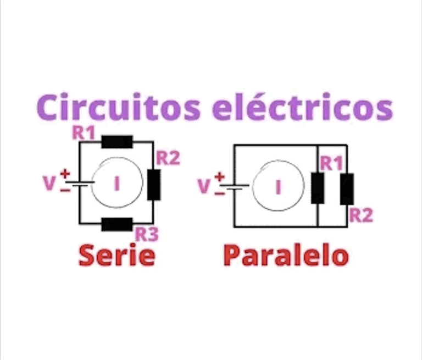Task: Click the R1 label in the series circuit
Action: (x=84, y=132)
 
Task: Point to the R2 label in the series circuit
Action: (x=168, y=158)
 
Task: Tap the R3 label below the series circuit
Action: (x=147, y=235)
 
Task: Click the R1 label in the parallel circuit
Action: (x=331, y=163)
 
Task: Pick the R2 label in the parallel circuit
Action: (x=361, y=215)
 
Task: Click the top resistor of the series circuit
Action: (x=117, y=142)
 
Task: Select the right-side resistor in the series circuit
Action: (x=154, y=185)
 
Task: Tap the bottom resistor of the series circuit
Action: (x=117, y=224)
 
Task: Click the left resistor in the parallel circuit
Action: (x=318, y=188)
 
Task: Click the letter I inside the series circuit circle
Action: (x=116, y=184)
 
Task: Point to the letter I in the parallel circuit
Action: (x=278, y=187)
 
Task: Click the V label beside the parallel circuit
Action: (x=204, y=186)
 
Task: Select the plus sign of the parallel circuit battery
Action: (x=220, y=176)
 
